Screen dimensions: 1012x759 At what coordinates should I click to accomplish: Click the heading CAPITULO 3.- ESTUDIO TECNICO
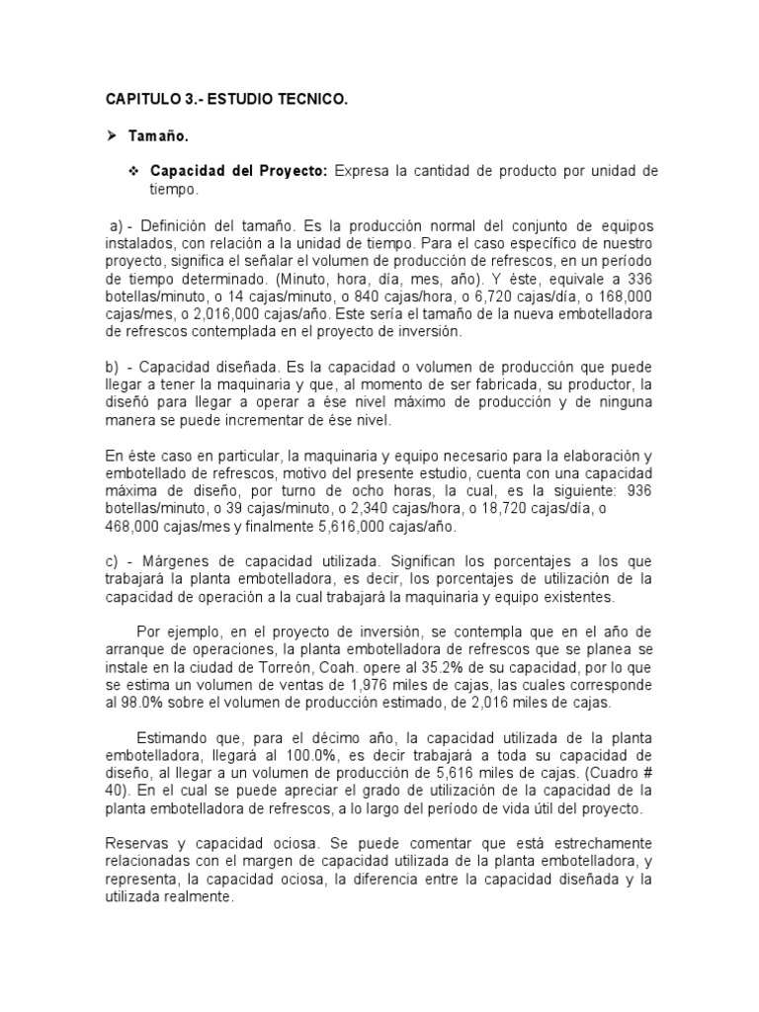point(226,100)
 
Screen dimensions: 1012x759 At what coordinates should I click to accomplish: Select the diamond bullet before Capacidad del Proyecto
point(132,171)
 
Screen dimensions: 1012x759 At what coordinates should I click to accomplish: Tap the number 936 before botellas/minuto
point(640,490)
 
